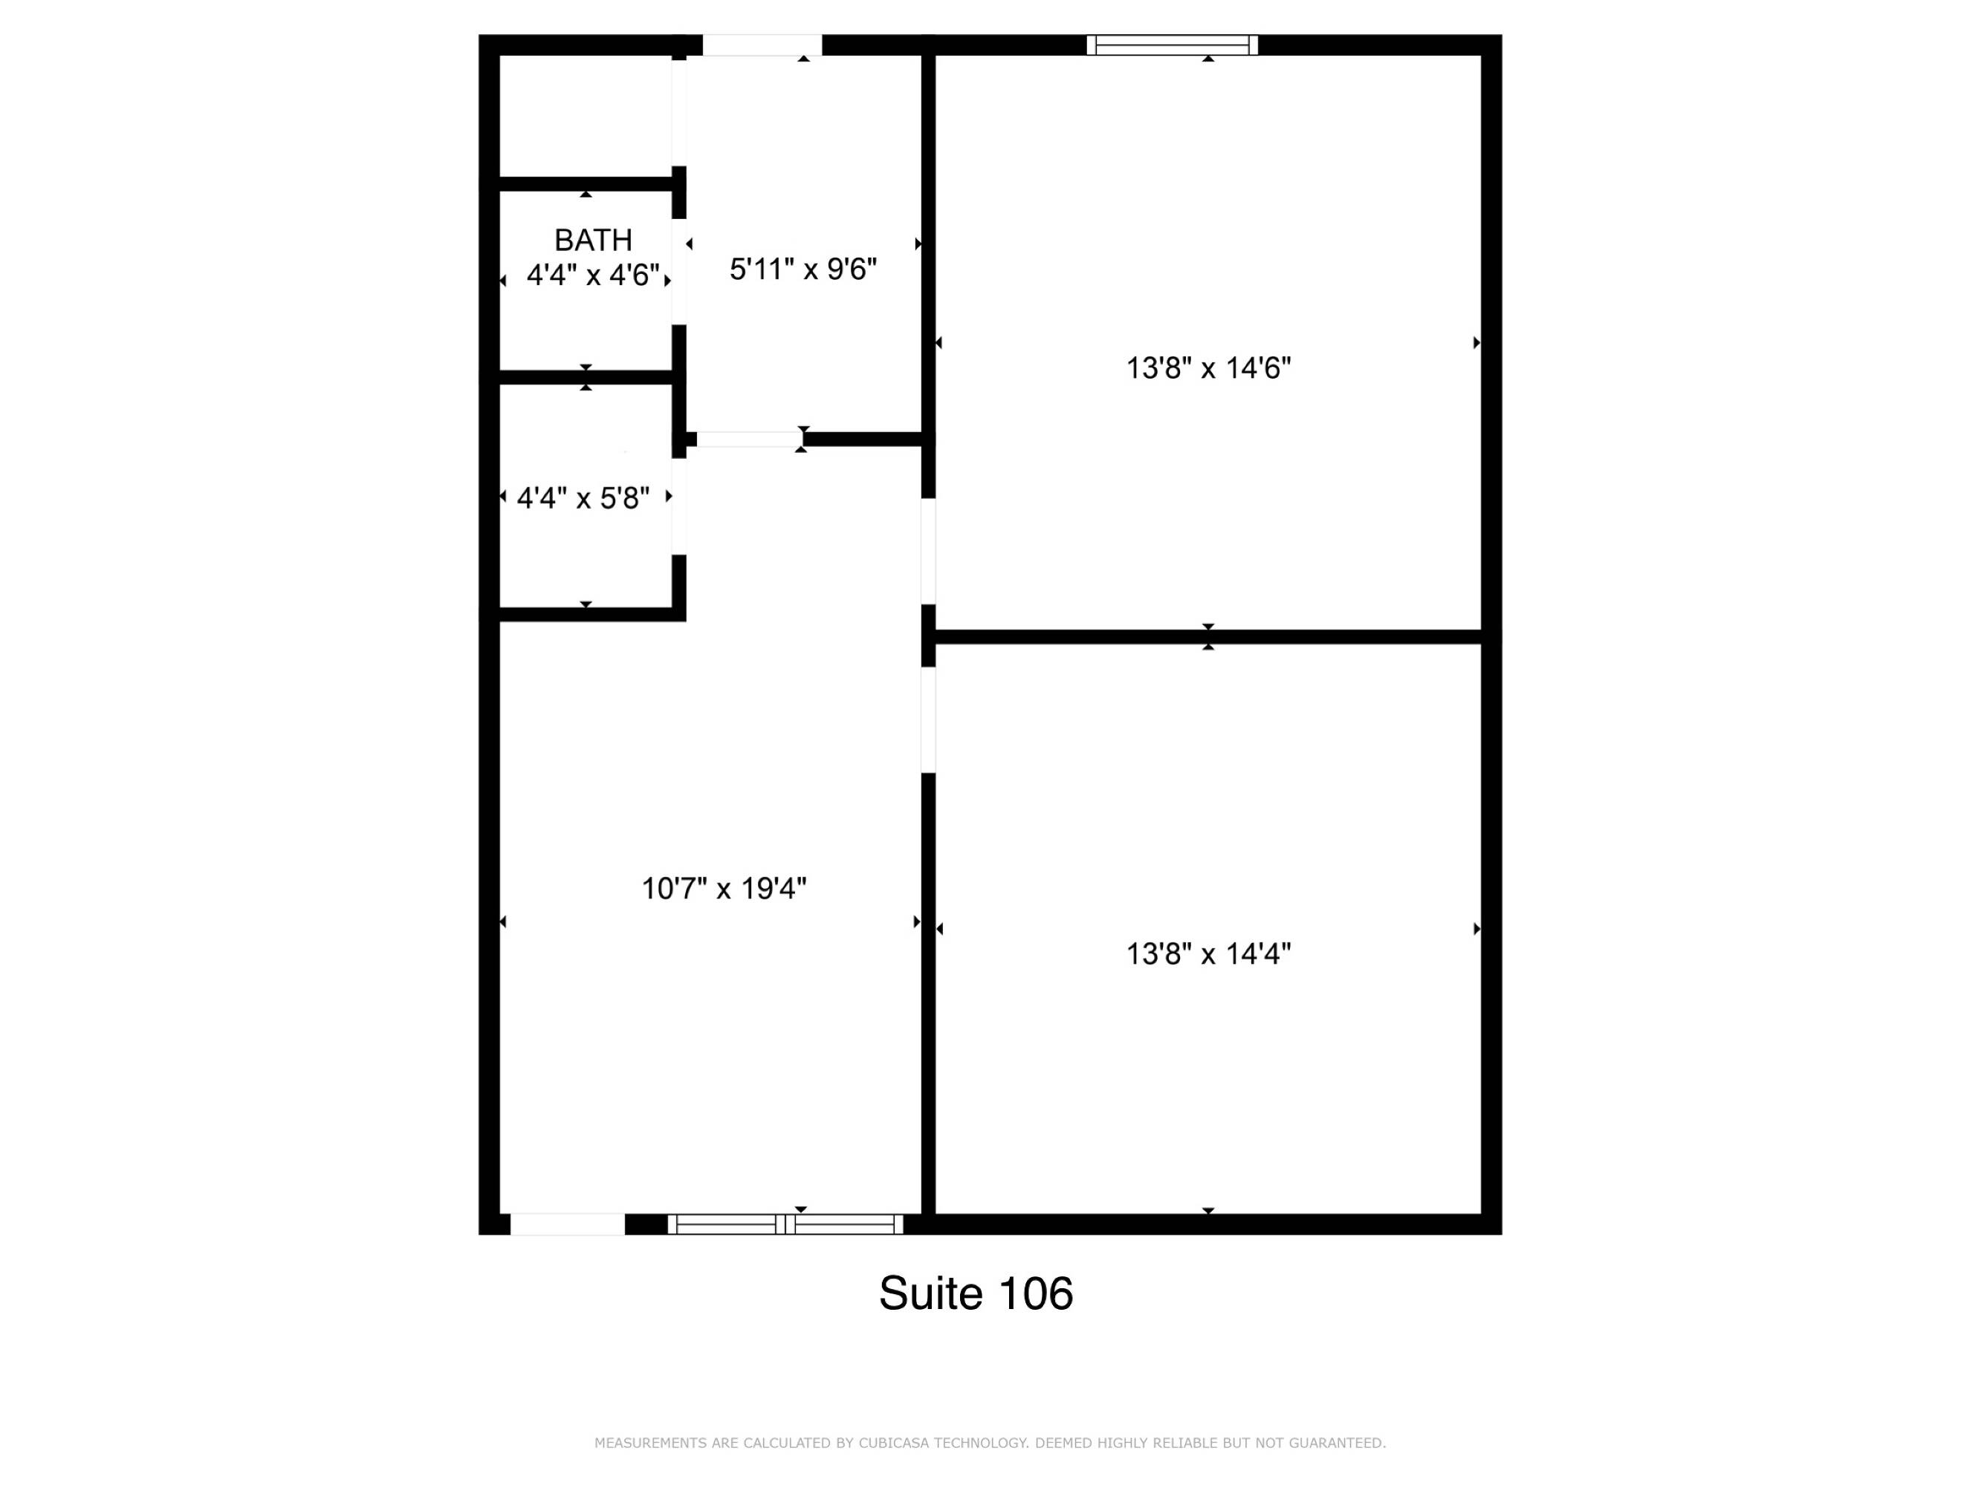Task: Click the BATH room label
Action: [593, 240]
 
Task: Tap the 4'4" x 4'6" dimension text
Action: [593, 275]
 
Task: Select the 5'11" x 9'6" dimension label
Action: [803, 269]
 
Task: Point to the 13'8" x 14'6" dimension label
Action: [1208, 368]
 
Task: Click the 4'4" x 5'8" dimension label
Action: [583, 497]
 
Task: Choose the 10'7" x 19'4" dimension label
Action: [724, 888]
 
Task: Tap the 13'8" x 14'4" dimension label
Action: [1208, 954]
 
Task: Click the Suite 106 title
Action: [976, 1293]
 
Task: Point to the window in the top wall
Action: [1173, 45]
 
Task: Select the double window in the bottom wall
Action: [785, 1224]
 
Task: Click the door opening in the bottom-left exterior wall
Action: [567, 1224]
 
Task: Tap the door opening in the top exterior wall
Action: [762, 45]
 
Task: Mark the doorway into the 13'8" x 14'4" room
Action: [929, 719]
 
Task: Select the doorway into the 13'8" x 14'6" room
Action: [929, 552]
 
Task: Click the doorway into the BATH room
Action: [679, 272]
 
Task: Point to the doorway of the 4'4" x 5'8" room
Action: [679, 506]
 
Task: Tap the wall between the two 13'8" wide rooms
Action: [1208, 636]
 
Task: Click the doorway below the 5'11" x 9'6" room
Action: [750, 439]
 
